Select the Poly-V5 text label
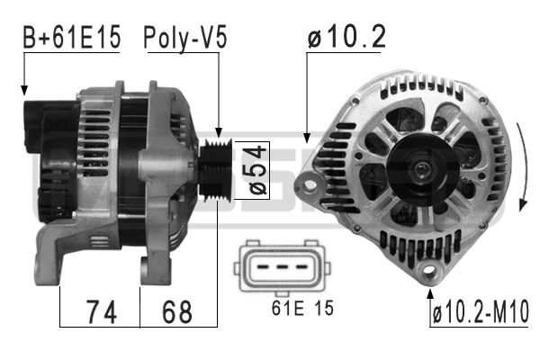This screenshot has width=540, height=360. [x=184, y=38]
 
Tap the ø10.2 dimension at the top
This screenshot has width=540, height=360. [x=346, y=37]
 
